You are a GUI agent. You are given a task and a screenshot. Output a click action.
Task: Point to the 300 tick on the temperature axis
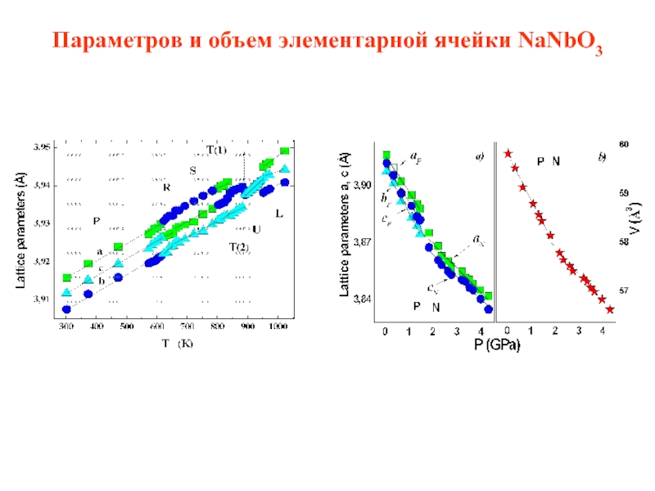66,327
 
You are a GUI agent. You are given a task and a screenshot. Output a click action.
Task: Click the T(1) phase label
216,150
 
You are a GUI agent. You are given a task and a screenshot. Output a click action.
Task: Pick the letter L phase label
279,214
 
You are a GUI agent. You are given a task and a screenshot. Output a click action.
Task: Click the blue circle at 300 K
66,309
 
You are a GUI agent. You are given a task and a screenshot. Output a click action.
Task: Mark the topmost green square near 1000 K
284,151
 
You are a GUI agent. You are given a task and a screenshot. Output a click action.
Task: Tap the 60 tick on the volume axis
624,145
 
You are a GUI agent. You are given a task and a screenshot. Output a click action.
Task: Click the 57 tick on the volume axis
624,291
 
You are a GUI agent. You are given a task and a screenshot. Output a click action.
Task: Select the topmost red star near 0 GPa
508,153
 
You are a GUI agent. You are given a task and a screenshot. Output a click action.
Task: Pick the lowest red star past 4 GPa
610,309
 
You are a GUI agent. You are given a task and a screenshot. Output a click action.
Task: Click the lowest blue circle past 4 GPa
489,309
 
